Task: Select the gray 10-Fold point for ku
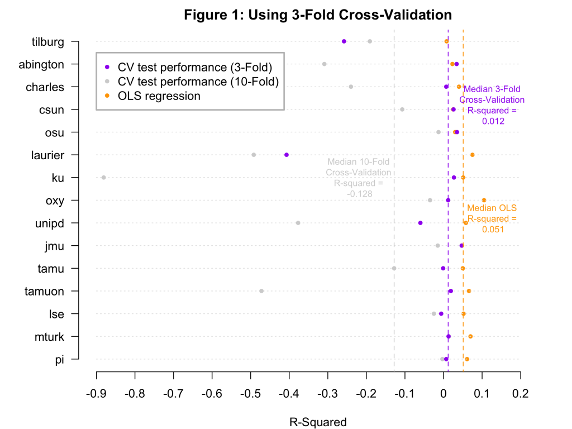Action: pos(103,178)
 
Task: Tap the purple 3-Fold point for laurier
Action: pos(287,155)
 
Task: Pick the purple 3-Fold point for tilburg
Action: pos(344,41)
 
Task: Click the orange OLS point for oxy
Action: pos(484,200)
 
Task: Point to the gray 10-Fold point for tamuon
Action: pos(261,291)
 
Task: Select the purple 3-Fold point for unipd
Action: pos(421,223)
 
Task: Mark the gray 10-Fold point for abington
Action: pos(325,64)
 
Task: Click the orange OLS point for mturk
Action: pos(470,336)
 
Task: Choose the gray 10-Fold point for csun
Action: pos(402,109)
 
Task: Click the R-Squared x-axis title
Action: pos(318,422)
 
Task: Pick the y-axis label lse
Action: pos(57,314)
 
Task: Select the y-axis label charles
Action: pos(45,87)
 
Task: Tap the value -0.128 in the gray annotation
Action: pos(359,194)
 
